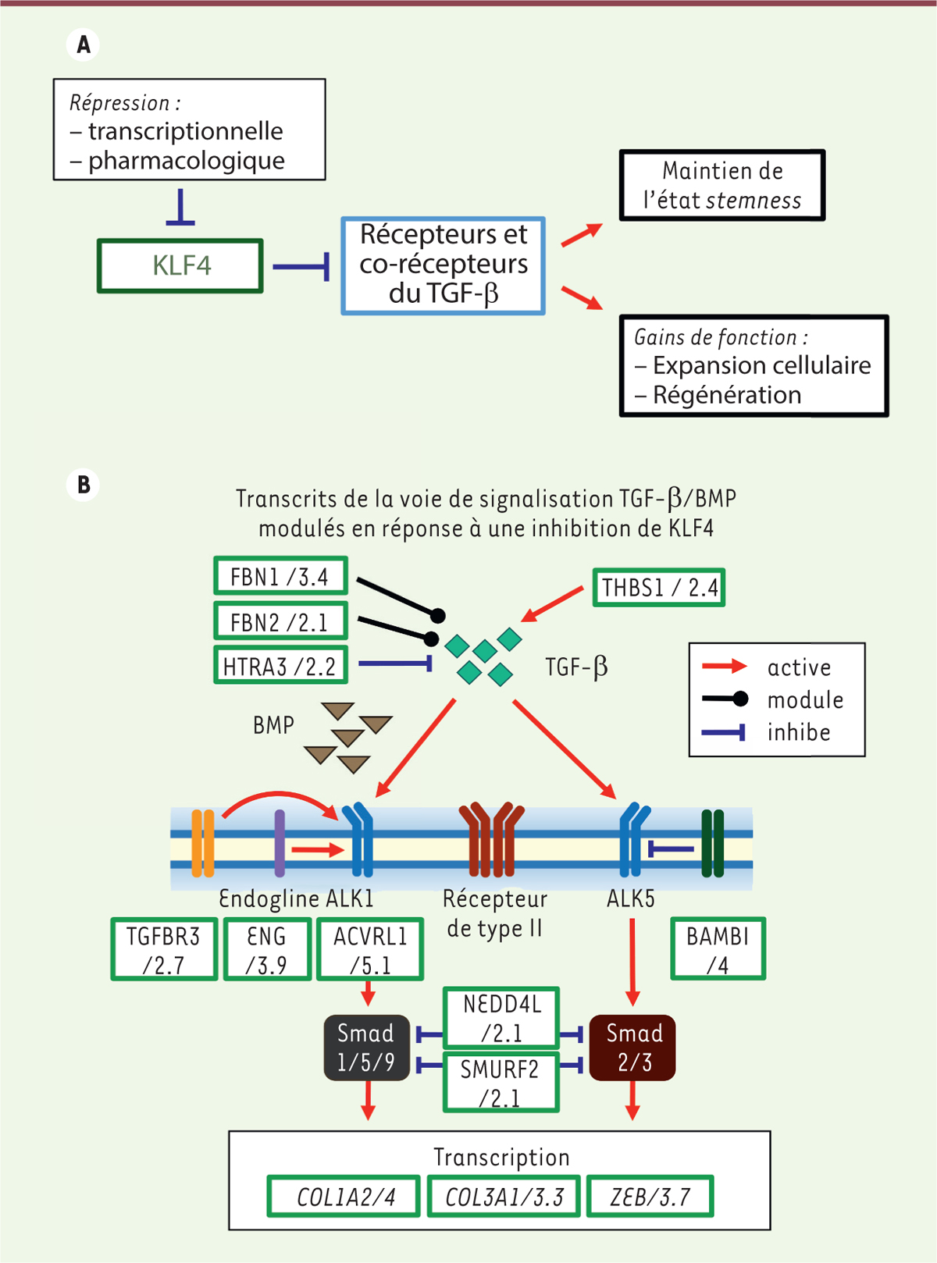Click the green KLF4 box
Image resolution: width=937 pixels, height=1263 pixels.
[x=180, y=266]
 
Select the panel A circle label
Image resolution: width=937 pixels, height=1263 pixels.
[x=84, y=44]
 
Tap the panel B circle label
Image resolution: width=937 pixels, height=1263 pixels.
[x=84, y=485]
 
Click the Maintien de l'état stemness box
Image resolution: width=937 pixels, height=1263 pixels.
[x=722, y=186]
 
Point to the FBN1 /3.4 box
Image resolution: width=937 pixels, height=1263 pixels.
[x=280, y=577]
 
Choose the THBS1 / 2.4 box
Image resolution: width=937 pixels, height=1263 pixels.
[x=659, y=587]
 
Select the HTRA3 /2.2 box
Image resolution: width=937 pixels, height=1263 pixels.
[x=280, y=666]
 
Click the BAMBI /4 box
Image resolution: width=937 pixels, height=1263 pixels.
[x=718, y=949]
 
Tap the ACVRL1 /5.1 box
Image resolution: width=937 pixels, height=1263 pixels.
[x=370, y=949]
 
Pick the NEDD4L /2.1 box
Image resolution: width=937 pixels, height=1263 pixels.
[x=501, y=1018]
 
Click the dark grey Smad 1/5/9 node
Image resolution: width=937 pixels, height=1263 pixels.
[x=366, y=1048]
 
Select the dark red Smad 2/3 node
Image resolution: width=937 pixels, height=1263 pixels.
[x=633, y=1048]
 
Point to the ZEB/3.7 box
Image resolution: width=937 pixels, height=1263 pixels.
[x=650, y=1197]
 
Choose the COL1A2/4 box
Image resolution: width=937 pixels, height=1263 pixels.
[x=346, y=1197]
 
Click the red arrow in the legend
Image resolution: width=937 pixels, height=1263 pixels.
[x=724, y=666]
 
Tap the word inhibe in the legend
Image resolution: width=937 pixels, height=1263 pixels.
[x=799, y=732]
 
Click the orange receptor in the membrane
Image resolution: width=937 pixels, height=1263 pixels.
[x=203, y=843]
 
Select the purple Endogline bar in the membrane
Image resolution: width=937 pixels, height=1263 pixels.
[x=280, y=843]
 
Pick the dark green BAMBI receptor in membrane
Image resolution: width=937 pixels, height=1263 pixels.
[x=712, y=843]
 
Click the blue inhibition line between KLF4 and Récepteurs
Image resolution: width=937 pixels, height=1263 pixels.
[x=301, y=267]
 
